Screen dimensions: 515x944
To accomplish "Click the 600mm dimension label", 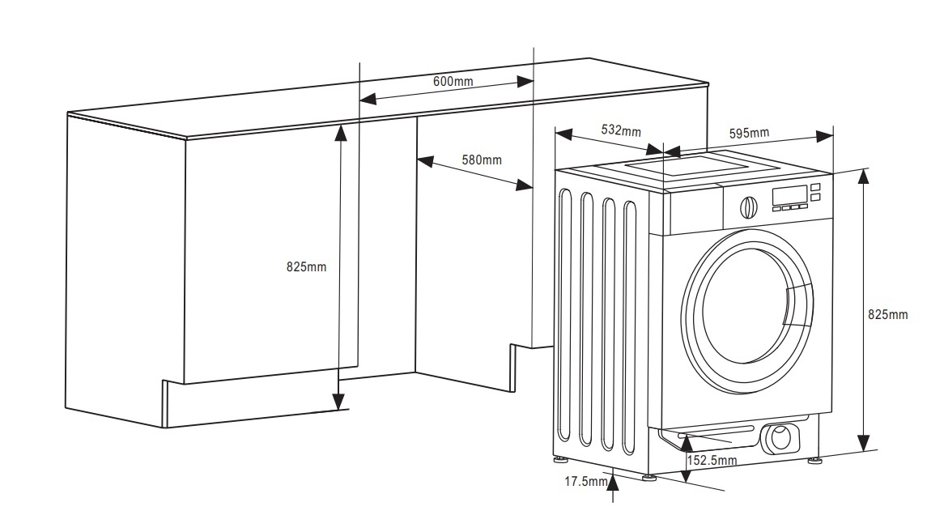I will point(453,81).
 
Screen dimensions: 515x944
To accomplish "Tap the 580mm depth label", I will point(482,160).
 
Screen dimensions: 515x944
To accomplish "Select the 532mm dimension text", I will point(621,130).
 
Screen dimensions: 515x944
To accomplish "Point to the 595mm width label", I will point(749,133).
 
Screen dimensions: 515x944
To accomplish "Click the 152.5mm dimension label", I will point(712,461).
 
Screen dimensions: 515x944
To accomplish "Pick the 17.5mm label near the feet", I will point(585,482).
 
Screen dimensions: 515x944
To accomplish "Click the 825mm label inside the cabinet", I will point(306,267).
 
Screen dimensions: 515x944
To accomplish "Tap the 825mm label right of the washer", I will point(887,314).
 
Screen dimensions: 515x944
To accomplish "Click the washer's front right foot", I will point(814,462).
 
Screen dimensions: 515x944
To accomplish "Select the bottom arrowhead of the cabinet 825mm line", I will point(338,402).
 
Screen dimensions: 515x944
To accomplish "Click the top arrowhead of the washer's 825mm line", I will point(865,177).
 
